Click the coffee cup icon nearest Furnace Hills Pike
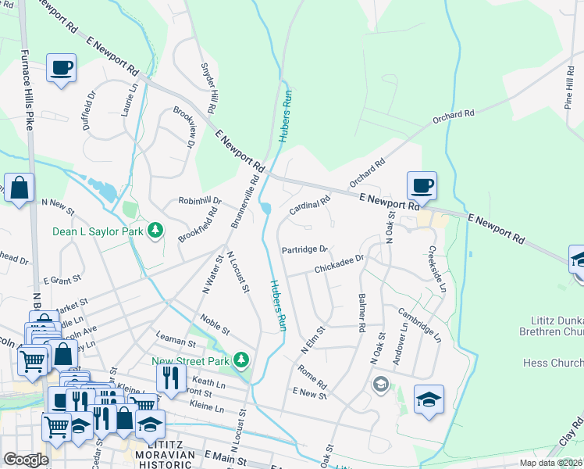tap(61, 67)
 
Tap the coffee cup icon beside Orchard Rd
tap(422, 186)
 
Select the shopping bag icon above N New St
tap(20, 188)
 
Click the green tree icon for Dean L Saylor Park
tap(156, 230)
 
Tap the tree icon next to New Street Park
tap(243, 360)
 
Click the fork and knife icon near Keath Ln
tap(170, 378)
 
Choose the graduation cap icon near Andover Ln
tap(429, 399)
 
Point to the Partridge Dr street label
tap(304, 249)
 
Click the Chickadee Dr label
tap(340, 264)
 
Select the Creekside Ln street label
tap(436, 269)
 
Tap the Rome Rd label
tap(311, 377)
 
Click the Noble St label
tap(214, 322)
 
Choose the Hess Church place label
tap(550, 363)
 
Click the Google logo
tap(27, 460)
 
